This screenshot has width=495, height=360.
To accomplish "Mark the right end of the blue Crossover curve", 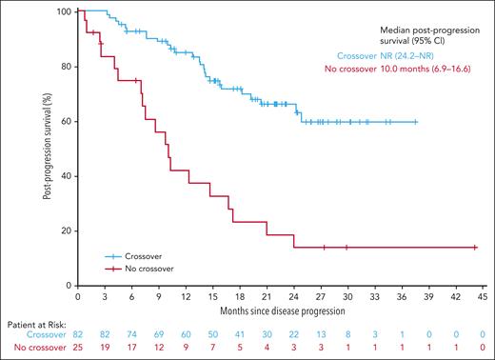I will [416, 122].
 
